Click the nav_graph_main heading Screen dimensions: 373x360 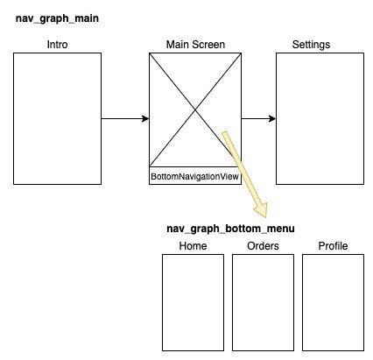[x=57, y=18]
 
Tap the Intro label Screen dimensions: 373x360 [x=57, y=45]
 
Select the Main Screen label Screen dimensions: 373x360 [x=195, y=45]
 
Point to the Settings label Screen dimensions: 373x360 [x=311, y=45]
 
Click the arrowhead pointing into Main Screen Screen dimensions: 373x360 [x=145, y=118]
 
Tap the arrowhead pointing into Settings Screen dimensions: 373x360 [x=272, y=118]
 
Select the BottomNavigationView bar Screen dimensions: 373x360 [x=195, y=176]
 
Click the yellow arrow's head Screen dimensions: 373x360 [x=261, y=209]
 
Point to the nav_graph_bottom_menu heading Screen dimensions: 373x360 [x=230, y=229]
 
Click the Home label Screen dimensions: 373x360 [x=193, y=246]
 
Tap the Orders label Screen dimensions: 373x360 [x=263, y=246]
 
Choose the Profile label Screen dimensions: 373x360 [x=333, y=246]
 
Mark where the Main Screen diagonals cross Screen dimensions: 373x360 [x=195, y=109]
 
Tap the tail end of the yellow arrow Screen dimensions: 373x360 [x=224, y=133]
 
